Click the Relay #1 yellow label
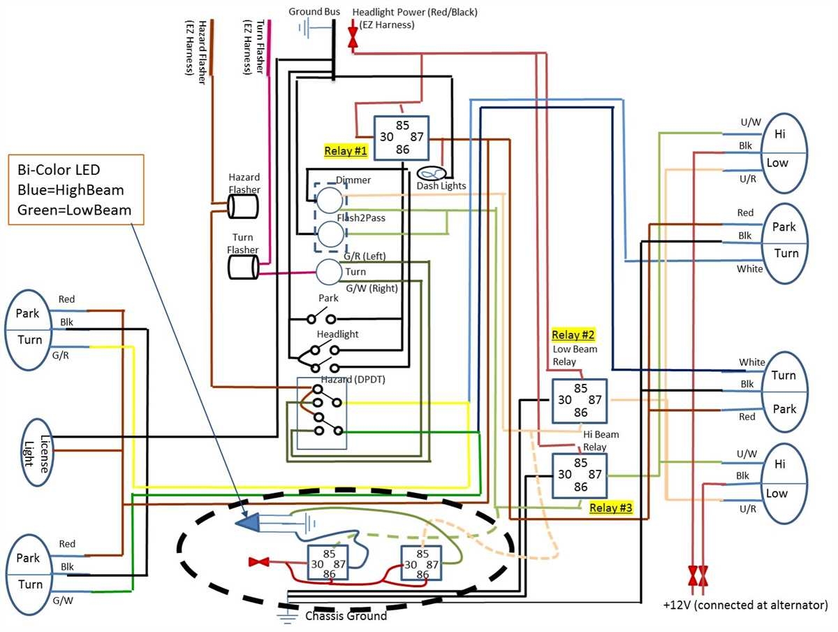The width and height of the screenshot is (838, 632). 346,150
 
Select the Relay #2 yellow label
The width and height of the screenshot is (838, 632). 573,334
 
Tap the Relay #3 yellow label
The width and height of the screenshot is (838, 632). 611,508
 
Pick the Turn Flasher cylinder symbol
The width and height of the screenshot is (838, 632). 243,266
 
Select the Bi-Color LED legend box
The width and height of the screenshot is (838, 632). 76,189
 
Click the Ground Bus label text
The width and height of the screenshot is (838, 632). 314,12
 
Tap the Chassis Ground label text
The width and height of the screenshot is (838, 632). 346,616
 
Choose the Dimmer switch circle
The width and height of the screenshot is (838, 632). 331,201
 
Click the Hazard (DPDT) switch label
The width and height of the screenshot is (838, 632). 353,379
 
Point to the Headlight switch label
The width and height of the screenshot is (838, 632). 337,334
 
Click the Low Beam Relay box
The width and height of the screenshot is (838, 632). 580,401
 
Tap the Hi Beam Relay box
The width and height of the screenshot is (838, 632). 580,475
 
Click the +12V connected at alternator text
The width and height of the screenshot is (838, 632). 745,605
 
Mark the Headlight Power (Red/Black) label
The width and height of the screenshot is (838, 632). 415,13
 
